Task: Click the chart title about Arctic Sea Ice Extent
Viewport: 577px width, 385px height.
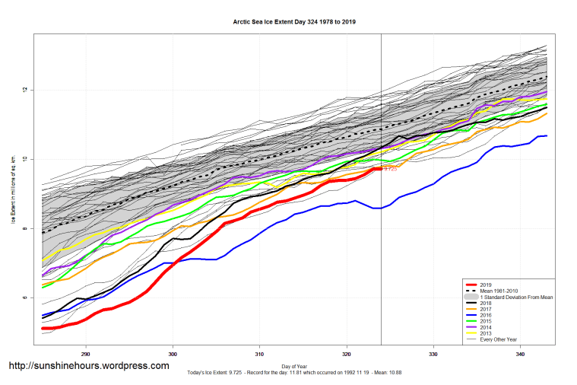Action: (x=294, y=22)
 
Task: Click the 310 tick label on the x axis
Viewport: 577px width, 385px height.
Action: (x=260, y=354)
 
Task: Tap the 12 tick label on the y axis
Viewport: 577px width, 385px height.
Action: (x=25, y=90)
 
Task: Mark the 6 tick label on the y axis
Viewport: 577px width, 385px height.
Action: (x=25, y=297)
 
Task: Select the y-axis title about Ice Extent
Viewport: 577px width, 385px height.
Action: (x=13, y=194)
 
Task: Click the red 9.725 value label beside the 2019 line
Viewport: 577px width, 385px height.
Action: (x=390, y=169)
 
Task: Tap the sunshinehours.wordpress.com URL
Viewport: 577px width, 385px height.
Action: (x=89, y=366)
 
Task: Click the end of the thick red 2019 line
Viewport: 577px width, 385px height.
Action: (x=380, y=169)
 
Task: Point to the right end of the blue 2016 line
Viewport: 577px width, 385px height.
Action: (x=546, y=135)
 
